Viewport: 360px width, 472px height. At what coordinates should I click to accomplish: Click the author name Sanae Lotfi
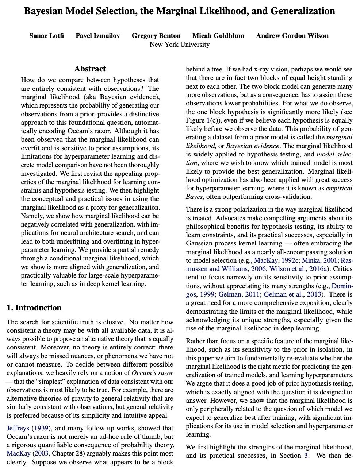(x=46, y=36)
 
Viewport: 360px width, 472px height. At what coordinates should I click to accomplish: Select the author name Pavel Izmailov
(x=97, y=36)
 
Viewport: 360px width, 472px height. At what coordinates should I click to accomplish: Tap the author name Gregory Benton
(x=156, y=36)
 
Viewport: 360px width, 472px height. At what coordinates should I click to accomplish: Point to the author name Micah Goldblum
(x=218, y=36)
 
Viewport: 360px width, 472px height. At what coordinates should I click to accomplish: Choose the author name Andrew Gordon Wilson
(x=292, y=36)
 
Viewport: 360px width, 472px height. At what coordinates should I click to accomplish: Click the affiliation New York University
(x=180, y=45)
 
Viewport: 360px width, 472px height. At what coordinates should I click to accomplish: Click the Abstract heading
(x=90, y=69)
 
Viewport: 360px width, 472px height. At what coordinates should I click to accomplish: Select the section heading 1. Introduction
(x=34, y=308)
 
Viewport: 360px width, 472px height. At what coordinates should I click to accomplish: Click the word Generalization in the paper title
(x=303, y=11)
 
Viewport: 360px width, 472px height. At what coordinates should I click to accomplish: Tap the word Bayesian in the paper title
(x=44, y=11)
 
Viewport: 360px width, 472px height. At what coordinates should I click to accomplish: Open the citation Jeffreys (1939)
(x=29, y=428)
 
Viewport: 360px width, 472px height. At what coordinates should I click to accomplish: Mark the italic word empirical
(x=339, y=188)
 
